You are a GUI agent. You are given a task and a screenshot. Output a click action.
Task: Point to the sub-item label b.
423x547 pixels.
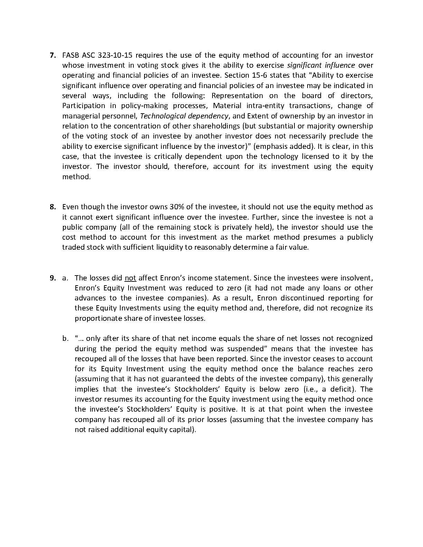[x=65, y=339]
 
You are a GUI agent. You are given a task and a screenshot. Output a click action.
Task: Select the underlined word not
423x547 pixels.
[x=130, y=278]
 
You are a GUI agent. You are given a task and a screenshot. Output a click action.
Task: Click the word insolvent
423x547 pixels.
[x=357, y=278]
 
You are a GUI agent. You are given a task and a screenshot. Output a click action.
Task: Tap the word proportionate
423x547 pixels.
[x=96, y=318]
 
